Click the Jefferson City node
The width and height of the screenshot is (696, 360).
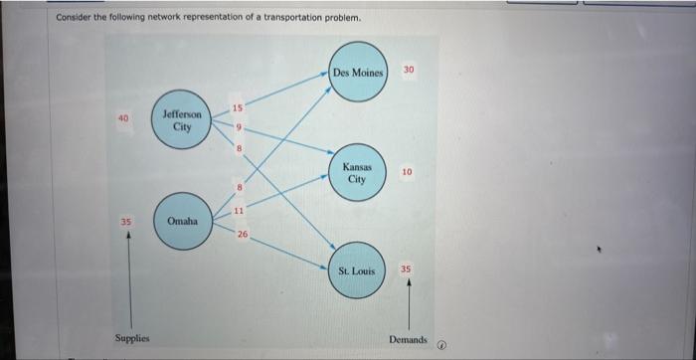pos(182,121)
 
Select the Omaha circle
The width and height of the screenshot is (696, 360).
pos(181,220)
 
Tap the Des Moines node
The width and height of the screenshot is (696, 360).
pos(357,72)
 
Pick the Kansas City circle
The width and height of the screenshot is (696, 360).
pos(357,172)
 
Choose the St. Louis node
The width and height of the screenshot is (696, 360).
pos(356,270)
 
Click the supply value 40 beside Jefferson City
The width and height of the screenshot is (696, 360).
pos(123,118)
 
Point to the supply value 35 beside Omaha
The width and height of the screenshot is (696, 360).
pos(126,221)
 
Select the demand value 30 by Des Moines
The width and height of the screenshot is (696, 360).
pos(409,70)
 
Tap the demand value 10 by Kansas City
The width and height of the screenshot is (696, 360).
pos(407,172)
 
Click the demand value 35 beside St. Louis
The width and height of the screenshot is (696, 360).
pos(406,269)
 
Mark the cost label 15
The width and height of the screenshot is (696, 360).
pos(238,107)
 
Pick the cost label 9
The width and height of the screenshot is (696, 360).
pos(239,127)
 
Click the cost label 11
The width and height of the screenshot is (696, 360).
pos(239,210)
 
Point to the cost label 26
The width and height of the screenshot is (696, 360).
pos(242,235)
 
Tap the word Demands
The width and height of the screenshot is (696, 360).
pos(408,340)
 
